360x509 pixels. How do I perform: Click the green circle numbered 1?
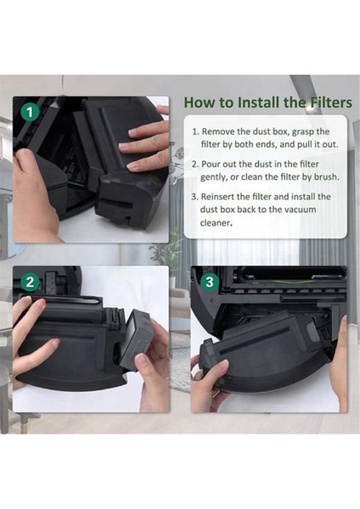pyautogui.click(x=31, y=111)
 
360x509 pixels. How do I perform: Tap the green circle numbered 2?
pyautogui.click(x=31, y=282)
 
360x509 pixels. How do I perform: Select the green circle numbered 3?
pyautogui.click(x=210, y=282)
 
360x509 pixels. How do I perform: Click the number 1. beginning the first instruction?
pyautogui.click(x=196, y=132)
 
